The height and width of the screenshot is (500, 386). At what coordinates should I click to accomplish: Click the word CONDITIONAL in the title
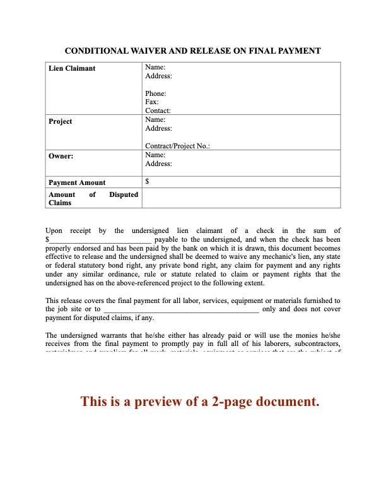pos(96,51)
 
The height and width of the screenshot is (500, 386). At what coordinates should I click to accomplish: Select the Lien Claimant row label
pos(72,68)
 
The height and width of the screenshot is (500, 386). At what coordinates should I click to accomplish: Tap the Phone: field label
pos(156,93)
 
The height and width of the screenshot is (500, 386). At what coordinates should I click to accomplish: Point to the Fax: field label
pos(151,102)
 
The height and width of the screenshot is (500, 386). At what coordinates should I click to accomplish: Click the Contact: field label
pos(158,110)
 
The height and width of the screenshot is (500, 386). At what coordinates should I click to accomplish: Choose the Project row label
pos(61,121)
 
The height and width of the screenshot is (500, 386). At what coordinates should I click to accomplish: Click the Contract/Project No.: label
pos(177,146)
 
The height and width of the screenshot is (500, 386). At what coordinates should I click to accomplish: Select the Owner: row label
pos(61,155)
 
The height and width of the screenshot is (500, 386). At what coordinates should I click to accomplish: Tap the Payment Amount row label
pos(77,182)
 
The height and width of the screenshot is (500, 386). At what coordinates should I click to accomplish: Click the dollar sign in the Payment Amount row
pos(147,182)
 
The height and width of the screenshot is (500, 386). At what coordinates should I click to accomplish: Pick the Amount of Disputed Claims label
pos(93,199)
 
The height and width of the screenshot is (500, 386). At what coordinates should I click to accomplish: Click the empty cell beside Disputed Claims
pos(241,198)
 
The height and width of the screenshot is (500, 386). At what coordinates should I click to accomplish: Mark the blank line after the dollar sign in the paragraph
pos(100,240)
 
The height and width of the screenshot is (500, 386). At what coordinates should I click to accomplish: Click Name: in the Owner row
pos(155,155)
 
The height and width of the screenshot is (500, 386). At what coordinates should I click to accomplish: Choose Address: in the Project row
pos(158,128)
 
